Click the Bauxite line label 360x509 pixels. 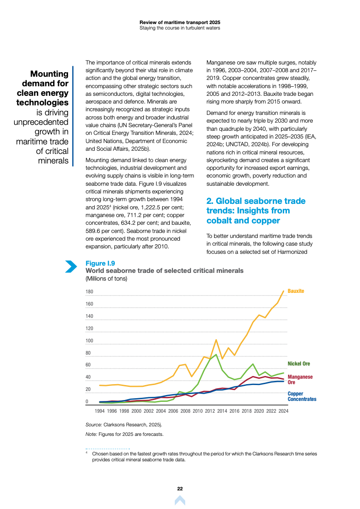coord(296,291)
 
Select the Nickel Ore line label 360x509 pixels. coord(299,364)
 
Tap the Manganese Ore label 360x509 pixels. coord(300,380)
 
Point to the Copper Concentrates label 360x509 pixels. coord(302,396)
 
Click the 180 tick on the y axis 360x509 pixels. coord(89,292)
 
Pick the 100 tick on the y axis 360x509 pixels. coord(89,341)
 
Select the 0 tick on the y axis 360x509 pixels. coord(87,402)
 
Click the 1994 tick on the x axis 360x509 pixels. coord(99,411)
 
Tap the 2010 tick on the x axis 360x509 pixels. coord(197,411)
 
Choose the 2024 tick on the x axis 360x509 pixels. coord(283,411)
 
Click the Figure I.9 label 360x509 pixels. coord(100,263)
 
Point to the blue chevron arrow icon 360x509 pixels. coord(71,267)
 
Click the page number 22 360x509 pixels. coord(180,489)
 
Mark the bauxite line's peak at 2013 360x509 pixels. coord(216,340)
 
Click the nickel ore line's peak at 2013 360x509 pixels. coord(216,355)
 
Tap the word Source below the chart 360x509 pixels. coord(94,425)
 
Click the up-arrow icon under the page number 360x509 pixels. coord(180,500)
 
